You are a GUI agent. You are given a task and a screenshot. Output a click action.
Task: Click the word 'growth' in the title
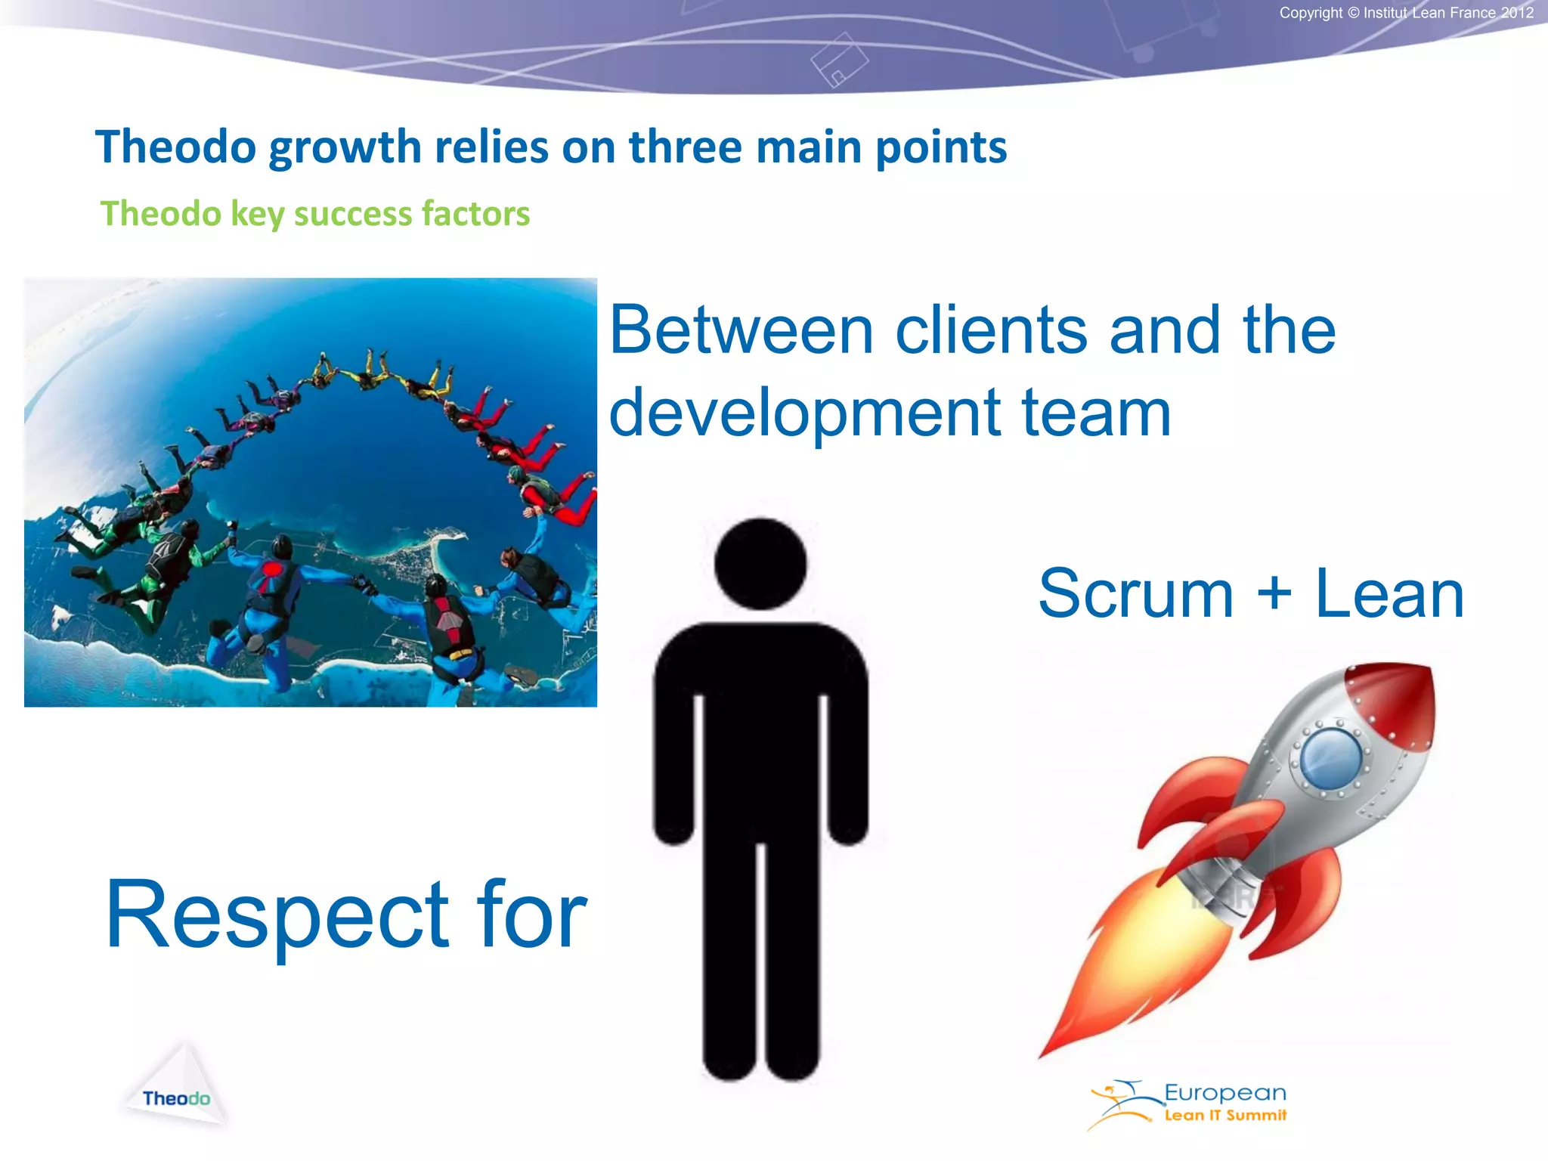(345, 148)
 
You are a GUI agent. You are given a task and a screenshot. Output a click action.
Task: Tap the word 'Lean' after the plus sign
(1389, 594)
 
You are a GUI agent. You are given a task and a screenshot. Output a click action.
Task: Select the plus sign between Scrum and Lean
(1274, 593)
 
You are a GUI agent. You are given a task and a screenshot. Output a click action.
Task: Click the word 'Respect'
(277, 916)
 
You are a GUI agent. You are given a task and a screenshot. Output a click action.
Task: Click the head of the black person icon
(760, 564)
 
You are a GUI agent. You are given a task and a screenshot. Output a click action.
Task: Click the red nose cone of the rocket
(1398, 699)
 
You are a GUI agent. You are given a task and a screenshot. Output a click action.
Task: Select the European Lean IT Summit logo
(1190, 1104)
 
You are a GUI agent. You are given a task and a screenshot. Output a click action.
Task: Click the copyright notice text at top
(1405, 13)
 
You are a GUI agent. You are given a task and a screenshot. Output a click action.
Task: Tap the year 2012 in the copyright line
(1517, 13)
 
